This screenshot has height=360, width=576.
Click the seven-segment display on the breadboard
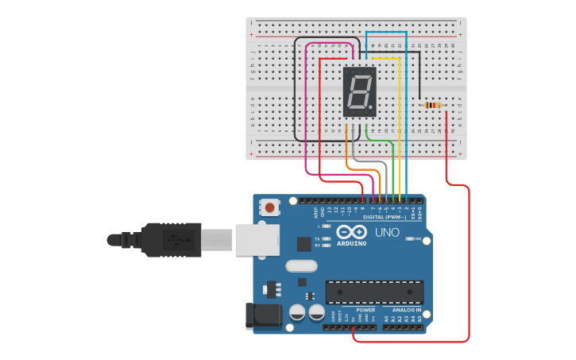pos(359,92)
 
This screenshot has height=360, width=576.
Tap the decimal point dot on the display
pos(370,107)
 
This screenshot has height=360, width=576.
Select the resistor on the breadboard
pos(432,105)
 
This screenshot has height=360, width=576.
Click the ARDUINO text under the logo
pos(351,243)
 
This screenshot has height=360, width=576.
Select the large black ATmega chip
pos(374,292)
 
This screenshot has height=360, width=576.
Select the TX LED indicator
pos(326,238)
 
